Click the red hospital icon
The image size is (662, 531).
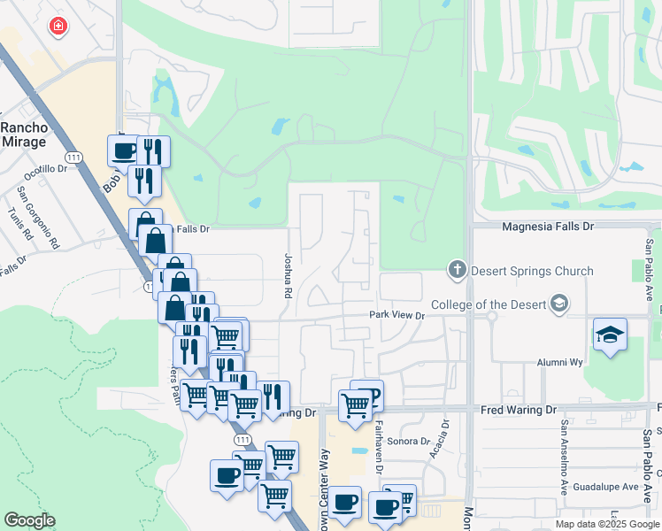pos(58,27)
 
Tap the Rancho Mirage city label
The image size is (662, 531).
pos(24,134)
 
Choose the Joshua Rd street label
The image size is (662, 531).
pos(288,277)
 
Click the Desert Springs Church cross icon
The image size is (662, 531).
pos(458,269)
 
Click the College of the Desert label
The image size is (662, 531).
pos(488,305)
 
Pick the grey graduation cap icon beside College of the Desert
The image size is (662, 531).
pos(558,304)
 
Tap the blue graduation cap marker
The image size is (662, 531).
pos(610,335)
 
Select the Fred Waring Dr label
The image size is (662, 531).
pos(519,411)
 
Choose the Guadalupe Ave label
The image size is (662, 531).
pos(606,487)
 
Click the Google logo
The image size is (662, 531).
pos(29,520)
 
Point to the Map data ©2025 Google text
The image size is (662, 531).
pos(607,524)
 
